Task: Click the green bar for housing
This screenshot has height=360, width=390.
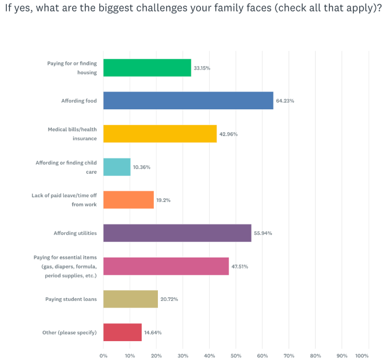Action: (x=147, y=68)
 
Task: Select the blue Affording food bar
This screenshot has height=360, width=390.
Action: (x=188, y=100)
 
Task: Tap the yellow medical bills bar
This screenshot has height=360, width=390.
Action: (x=160, y=133)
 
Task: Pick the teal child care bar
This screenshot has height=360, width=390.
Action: (x=117, y=167)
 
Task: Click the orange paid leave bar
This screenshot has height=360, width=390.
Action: (x=129, y=200)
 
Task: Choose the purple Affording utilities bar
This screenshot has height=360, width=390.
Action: (x=177, y=233)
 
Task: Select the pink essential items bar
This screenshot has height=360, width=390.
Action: (x=166, y=266)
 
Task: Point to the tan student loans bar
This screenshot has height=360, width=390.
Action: (x=131, y=299)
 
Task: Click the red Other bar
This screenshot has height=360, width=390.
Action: (x=122, y=332)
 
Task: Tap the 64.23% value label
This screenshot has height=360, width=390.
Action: (x=285, y=101)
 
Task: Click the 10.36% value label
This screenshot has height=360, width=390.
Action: (x=142, y=167)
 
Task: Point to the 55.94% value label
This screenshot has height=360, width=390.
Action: (x=263, y=233)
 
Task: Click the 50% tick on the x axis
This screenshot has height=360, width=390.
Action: (x=236, y=356)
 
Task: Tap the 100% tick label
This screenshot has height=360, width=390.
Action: (x=362, y=356)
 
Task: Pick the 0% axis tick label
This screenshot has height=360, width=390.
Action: (x=104, y=356)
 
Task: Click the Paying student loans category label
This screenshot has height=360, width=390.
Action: (x=71, y=299)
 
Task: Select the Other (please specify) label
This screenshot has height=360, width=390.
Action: (x=70, y=332)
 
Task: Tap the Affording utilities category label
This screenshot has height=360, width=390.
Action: (x=75, y=233)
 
